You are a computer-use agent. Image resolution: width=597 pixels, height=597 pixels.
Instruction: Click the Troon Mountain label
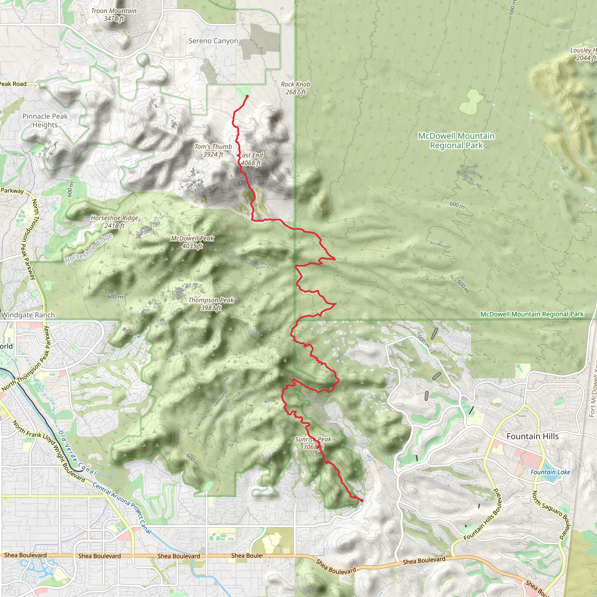pos(114,15)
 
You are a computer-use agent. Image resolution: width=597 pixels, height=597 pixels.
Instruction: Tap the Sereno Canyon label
pos(213,41)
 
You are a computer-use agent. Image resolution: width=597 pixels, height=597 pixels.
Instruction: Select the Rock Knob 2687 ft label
pos(295,88)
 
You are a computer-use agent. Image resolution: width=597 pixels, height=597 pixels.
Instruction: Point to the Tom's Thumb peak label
pos(213,150)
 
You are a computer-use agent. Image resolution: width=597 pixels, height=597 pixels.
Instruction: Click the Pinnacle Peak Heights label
pos(45,120)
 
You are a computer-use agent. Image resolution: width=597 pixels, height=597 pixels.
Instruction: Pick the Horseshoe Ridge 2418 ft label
pos(114,222)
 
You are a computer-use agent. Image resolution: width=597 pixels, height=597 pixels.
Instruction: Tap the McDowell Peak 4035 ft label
pos(192,242)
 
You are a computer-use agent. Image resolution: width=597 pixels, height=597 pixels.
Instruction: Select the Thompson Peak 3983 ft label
pos(211,304)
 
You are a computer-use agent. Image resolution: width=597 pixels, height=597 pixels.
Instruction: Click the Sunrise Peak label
pos(313,443)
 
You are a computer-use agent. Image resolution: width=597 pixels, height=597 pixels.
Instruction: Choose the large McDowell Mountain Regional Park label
pos(456,140)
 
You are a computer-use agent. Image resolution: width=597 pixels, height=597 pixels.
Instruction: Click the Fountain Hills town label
pos(532,436)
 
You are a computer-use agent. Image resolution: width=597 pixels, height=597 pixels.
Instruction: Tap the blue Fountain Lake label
pos(550,472)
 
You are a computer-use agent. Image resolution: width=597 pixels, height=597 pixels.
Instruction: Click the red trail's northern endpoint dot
pos(247,96)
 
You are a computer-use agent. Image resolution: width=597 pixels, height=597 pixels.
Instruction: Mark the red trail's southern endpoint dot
pos(362,500)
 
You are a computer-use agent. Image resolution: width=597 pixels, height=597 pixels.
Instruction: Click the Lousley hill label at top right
pos(583,54)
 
